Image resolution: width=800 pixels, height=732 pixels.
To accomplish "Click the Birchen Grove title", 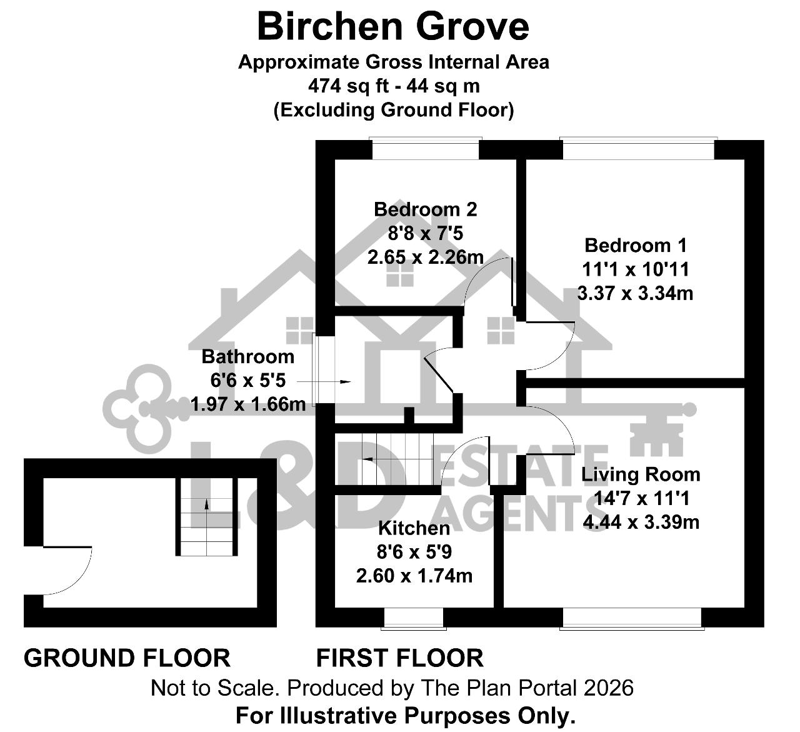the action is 393,27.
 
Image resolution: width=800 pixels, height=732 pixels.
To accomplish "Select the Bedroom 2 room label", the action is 426,209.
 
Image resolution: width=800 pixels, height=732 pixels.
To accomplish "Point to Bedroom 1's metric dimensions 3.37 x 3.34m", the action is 635,294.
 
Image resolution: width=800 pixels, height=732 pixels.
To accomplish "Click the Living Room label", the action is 641,474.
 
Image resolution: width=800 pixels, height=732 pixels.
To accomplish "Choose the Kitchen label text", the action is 414,528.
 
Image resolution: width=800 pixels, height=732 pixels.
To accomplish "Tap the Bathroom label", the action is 248,357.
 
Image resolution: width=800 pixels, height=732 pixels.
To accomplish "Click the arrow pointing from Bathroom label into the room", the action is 324,382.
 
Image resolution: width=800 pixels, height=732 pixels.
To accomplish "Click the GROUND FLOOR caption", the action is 127,658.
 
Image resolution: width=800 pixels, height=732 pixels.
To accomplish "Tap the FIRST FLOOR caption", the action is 399,658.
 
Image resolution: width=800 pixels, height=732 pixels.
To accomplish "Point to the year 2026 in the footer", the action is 608,688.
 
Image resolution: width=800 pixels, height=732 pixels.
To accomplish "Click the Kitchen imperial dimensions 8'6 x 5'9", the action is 414,552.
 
